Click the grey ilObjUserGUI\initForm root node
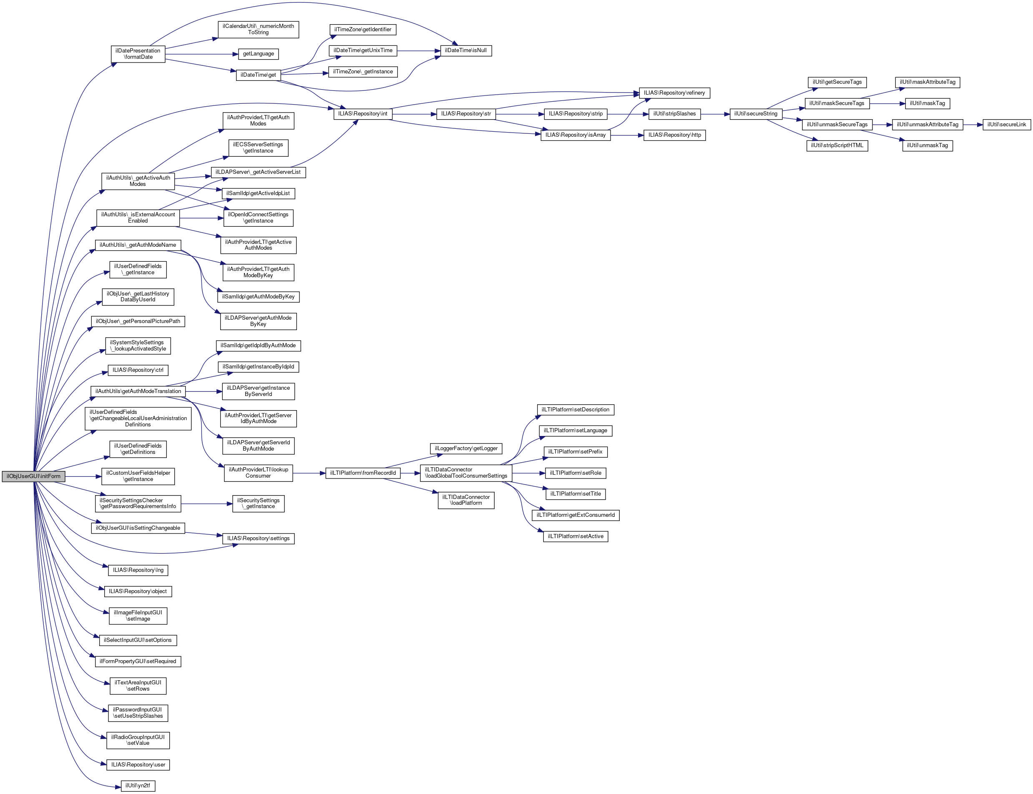pos(33,476)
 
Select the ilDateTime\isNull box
pos(466,50)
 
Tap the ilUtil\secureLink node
pos(1007,125)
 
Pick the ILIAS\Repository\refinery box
pos(674,93)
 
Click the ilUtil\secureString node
pos(756,114)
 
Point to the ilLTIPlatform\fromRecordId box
pos(363,473)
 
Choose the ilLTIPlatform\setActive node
pos(576,536)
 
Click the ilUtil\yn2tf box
pos(138,786)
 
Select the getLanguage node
pos(258,54)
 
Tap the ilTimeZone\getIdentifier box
pos(363,30)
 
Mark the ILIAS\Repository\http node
pos(674,135)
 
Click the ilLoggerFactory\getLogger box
pos(466,448)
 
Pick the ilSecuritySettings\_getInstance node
pos(258,503)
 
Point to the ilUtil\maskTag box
pos(927,103)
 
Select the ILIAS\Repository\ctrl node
pos(138,370)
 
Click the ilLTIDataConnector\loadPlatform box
pos(466,500)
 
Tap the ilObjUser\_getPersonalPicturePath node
pos(138,321)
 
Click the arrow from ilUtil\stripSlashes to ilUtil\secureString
pos(715,114)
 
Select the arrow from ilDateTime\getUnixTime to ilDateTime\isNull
pos(418,50)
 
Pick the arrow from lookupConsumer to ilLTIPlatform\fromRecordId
pos(309,473)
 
